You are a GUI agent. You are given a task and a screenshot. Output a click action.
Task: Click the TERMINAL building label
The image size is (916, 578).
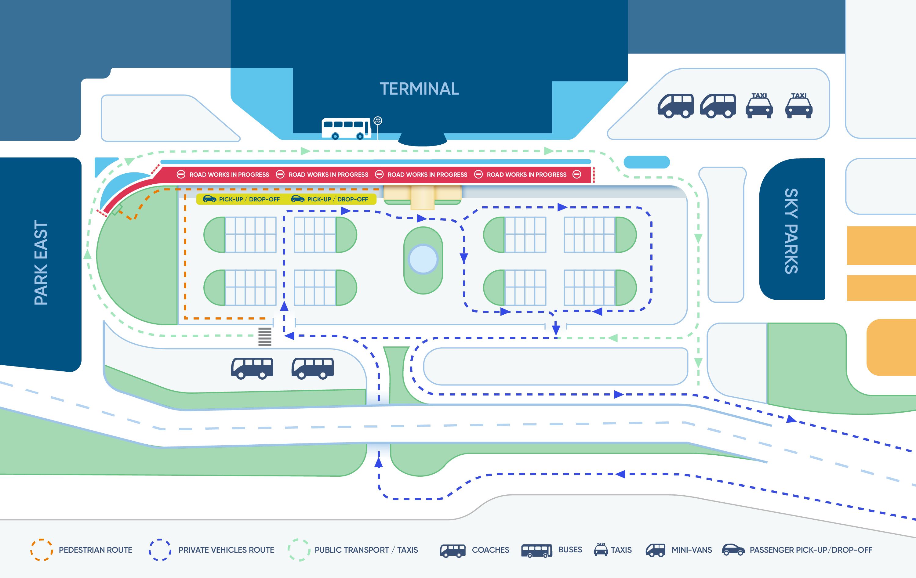[x=419, y=89]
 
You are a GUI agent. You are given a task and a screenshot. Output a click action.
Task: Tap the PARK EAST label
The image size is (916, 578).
[x=41, y=263]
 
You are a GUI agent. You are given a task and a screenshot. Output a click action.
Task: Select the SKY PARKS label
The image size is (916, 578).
[x=791, y=231]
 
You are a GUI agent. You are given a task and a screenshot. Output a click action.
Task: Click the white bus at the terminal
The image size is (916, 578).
[x=347, y=128]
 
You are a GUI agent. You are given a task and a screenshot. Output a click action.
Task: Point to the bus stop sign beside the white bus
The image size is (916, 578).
[x=378, y=121]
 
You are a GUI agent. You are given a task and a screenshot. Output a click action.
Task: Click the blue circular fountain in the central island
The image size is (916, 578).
[x=423, y=259]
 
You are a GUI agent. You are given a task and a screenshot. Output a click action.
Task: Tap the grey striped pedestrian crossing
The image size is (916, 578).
[x=265, y=337]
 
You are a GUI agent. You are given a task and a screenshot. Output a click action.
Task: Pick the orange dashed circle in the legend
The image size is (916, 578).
[x=42, y=550]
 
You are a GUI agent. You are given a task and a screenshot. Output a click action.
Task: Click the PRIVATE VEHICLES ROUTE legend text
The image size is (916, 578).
[x=226, y=550]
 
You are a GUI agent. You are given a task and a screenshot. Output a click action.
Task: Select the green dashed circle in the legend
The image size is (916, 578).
[x=299, y=550]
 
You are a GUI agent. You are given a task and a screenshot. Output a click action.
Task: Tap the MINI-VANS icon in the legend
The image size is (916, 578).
[x=656, y=550]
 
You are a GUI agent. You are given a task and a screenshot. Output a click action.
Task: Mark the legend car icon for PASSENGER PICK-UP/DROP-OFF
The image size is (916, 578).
[x=733, y=550]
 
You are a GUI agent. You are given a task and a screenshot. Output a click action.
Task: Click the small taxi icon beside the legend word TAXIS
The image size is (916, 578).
[x=601, y=550]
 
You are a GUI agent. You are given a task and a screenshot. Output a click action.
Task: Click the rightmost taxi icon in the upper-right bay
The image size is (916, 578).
[x=799, y=105]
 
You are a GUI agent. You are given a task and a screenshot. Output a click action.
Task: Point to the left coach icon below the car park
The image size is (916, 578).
[x=252, y=368]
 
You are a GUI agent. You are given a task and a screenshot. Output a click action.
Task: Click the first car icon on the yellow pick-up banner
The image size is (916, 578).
[x=209, y=199]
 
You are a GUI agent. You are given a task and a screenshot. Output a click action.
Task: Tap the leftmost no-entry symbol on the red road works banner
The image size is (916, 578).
[x=181, y=175]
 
